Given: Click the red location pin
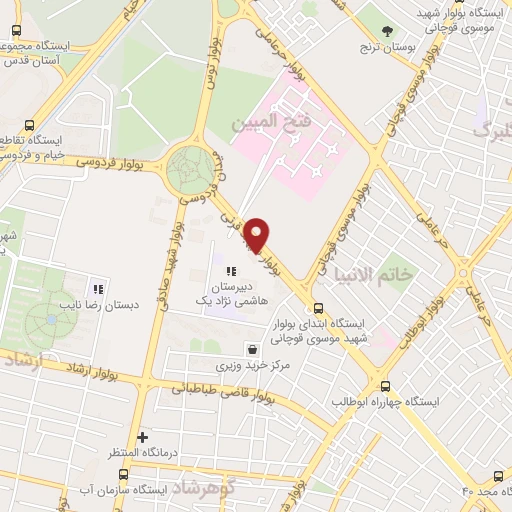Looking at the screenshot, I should pos(258,236).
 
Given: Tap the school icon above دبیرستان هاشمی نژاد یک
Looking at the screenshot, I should pos(231,271).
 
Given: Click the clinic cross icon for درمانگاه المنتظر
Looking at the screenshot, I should pos(143,437).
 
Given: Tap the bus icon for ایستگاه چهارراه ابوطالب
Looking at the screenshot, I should pos(385,386).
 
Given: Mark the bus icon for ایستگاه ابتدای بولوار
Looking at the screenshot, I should pos(319,308).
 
